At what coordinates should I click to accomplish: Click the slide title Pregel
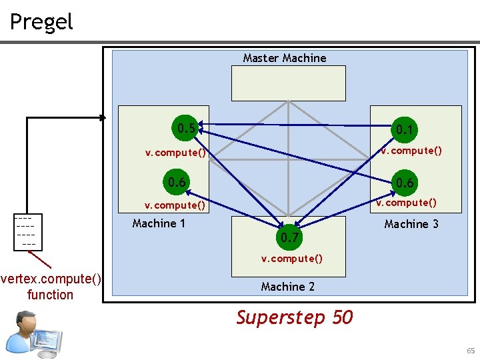(x=41, y=21)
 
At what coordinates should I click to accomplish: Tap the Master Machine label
(x=285, y=58)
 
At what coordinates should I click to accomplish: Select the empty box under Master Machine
(x=288, y=84)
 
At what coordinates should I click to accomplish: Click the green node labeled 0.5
(x=183, y=127)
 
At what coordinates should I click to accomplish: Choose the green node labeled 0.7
(x=289, y=237)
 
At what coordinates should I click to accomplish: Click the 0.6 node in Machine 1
(x=177, y=182)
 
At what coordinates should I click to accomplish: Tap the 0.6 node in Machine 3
(x=405, y=183)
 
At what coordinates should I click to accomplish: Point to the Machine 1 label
(x=159, y=223)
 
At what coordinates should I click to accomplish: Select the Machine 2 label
(x=288, y=287)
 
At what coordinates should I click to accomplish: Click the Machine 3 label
(x=411, y=224)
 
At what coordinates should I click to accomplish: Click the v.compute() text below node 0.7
(x=291, y=259)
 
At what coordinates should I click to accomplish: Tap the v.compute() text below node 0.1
(x=411, y=151)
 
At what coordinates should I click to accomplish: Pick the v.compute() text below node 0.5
(x=175, y=153)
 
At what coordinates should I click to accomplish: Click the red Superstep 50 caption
(x=294, y=317)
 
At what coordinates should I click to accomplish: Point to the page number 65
(x=471, y=351)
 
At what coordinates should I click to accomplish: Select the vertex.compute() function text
(x=51, y=287)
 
